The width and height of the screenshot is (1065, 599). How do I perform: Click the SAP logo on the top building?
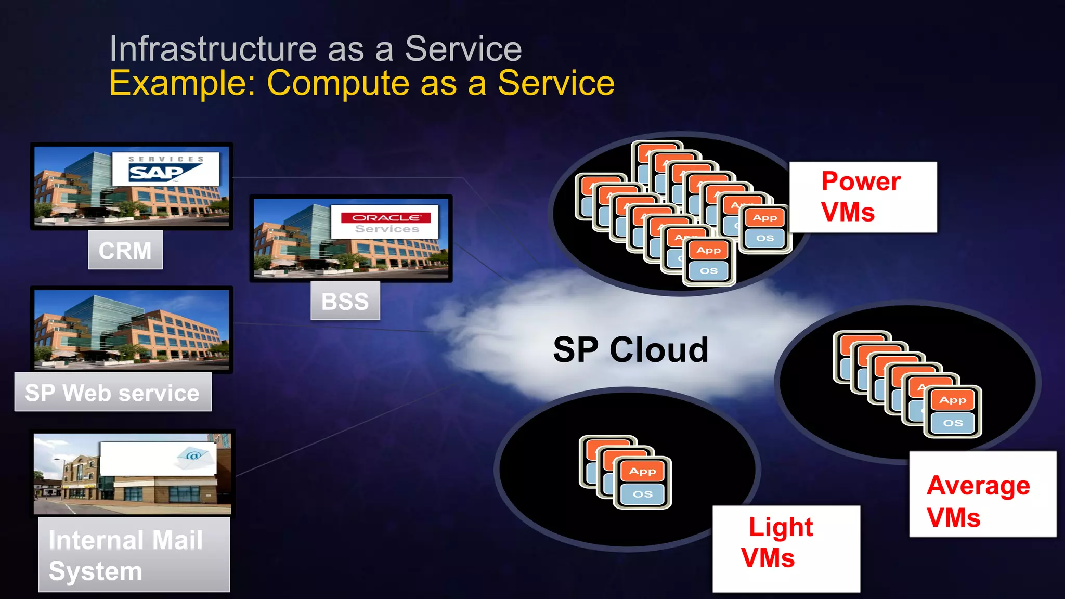click(165, 170)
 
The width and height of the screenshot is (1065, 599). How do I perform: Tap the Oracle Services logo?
click(385, 222)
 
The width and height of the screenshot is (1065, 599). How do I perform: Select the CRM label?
click(125, 250)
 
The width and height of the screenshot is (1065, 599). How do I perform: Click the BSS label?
click(345, 301)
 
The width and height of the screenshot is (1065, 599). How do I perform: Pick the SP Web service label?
click(113, 392)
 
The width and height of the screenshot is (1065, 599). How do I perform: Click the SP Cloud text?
click(630, 349)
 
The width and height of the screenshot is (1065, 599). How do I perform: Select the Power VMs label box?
click(863, 197)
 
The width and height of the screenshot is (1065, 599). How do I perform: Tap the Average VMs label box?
click(982, 494)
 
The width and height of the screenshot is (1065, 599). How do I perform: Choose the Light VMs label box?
click(786, 549)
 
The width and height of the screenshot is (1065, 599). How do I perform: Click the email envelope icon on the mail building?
click(193, 456)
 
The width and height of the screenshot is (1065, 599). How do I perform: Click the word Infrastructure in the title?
click(213, 49)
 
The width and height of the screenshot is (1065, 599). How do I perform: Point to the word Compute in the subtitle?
click(338, 83)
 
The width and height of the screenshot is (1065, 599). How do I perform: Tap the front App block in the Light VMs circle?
click(643, 471)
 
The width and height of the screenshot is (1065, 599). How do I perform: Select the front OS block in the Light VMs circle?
click(643, 494)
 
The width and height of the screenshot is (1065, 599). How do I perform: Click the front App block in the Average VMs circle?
click(953, 400)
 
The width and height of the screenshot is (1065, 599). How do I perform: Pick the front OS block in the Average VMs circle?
click(953, 423)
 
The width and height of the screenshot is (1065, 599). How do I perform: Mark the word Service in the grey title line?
click(463, 49)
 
